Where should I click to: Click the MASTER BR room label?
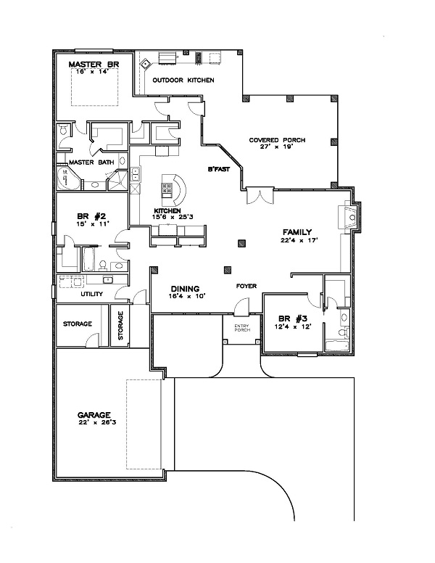[94, 65]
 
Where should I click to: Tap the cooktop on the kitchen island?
[168, 189]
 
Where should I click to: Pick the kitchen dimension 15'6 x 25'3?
[167, 216]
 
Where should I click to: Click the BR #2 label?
[92, 216]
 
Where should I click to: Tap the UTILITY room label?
[91, 294]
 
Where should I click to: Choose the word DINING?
[184, 288]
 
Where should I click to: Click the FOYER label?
[246, 286]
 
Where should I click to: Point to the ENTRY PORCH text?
[241, 327]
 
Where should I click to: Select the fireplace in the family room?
[350, 215]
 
